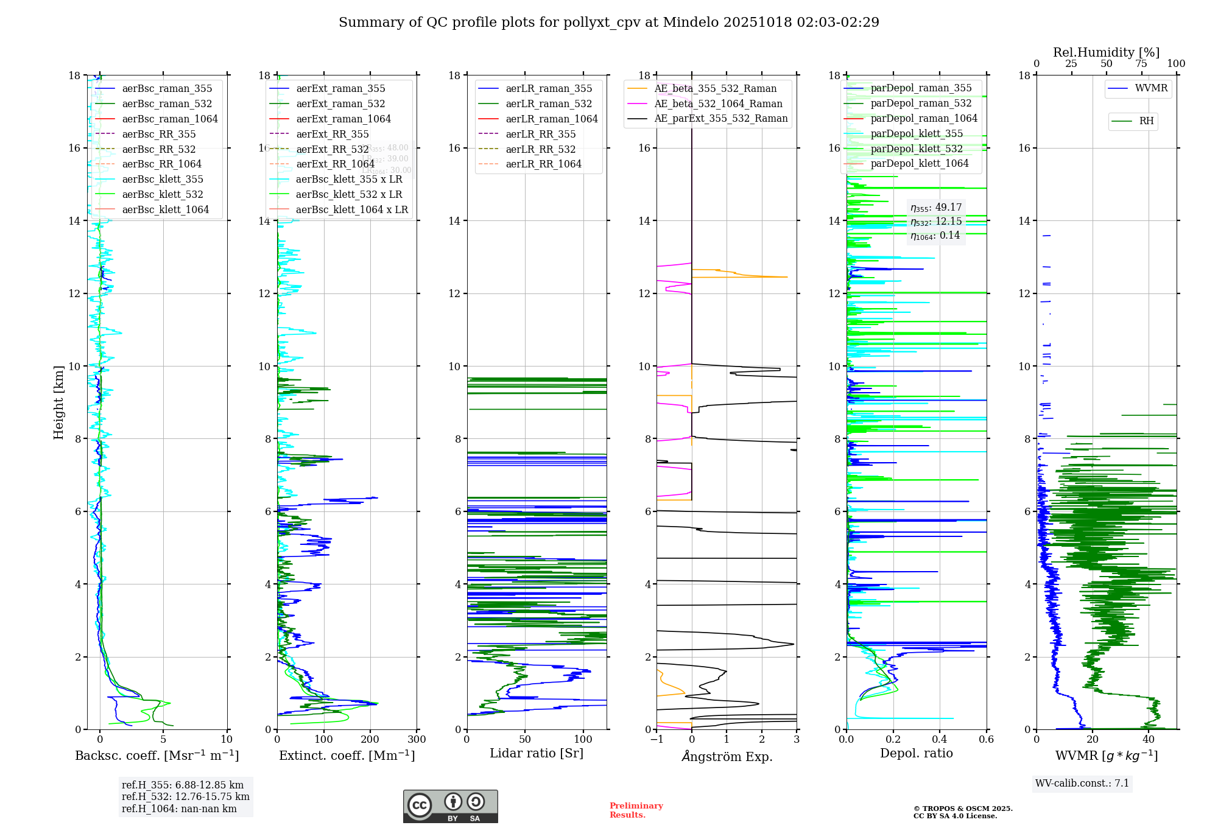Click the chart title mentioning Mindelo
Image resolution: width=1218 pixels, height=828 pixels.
(608, 23)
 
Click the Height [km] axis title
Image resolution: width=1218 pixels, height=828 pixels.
(58, 402)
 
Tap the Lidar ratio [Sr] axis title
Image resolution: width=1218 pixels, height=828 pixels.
(536, 754)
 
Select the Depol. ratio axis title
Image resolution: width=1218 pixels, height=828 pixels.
(916, 754)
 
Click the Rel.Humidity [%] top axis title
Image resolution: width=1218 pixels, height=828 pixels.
(1106, 52)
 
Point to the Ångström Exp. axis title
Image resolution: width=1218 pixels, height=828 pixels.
(727, 757)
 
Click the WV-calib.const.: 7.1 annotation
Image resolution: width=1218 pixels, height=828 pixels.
(1082, 784)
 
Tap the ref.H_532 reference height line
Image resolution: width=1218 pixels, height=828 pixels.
(185, 797)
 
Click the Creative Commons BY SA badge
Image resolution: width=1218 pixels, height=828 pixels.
(450, 807)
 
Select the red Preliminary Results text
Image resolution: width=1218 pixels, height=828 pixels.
(636, 810)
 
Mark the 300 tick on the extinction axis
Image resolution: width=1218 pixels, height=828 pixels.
(417, 740)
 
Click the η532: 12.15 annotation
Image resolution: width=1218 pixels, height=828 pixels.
(936, 222)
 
